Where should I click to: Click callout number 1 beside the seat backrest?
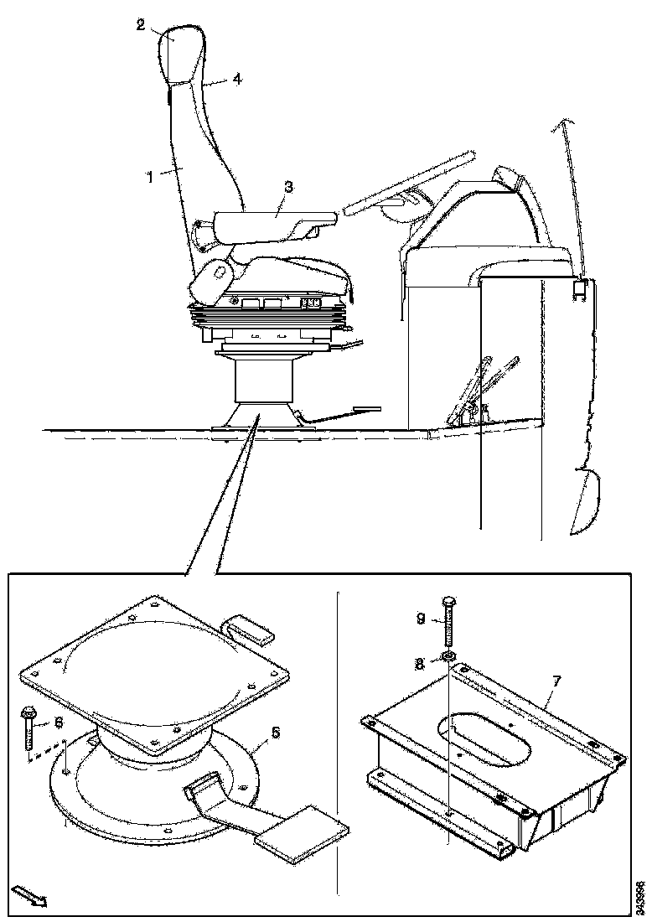coord(148,177)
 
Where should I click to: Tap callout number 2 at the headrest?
coord(142,23)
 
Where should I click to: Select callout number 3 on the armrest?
coord(287,187)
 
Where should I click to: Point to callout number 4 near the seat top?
coord(237,80)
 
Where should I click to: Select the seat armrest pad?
coord(272,224)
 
